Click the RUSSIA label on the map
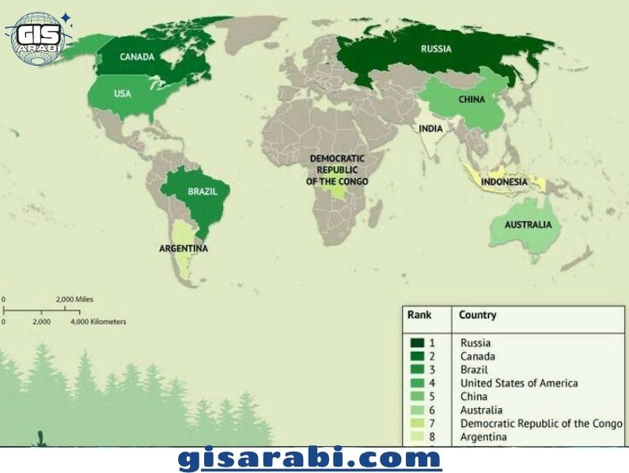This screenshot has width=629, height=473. point(436,49)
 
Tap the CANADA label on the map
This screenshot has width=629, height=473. point(137,56)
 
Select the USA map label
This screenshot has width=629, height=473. point(122,93)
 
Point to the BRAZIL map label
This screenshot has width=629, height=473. point(203,192)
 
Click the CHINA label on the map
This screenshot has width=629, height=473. point(472,100)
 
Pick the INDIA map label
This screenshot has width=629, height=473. point(430,128)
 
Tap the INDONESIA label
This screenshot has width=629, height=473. point(504,181)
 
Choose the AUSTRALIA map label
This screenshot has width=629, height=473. point(528,225)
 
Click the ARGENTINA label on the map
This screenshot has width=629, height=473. point(183,248)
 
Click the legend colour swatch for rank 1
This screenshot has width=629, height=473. point(417,343)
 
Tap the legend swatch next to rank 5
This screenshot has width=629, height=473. point(417,397)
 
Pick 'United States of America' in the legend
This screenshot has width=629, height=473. point(518,383)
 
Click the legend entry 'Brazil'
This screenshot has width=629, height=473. point(474,370)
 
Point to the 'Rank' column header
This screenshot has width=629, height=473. point(419,315)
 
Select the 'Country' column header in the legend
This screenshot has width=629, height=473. point(477,315)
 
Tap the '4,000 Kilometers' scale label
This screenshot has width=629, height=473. point(97,322)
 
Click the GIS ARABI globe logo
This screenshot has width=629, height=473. point(38,36)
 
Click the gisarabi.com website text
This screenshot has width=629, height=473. point(310,459)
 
